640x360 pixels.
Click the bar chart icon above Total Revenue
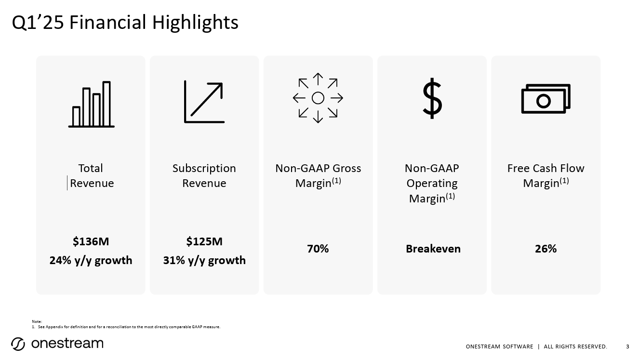point(91,105)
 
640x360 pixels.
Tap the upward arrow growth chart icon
point(204,102)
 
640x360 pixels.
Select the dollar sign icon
point(432,98)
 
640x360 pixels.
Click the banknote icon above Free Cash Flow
point(546,99)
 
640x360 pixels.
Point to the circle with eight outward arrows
point(318,98)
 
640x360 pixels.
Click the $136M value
point(91,241)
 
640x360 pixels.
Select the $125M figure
point(204,241)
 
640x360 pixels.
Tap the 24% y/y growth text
point(91,260)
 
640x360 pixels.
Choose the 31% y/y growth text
point(204,260)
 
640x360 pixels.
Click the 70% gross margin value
point(318,249)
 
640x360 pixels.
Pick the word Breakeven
point(433,249)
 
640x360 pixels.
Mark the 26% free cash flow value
point(546,249)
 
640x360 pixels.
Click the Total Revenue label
point(91,176)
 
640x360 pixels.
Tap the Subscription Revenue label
point(204,176)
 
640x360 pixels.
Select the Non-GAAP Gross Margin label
point(318,176)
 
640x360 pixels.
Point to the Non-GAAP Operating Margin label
point(432,183)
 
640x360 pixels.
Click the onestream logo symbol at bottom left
point(18,344)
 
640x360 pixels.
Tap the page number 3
point(627,347)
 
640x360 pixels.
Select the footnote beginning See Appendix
point(129,327)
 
